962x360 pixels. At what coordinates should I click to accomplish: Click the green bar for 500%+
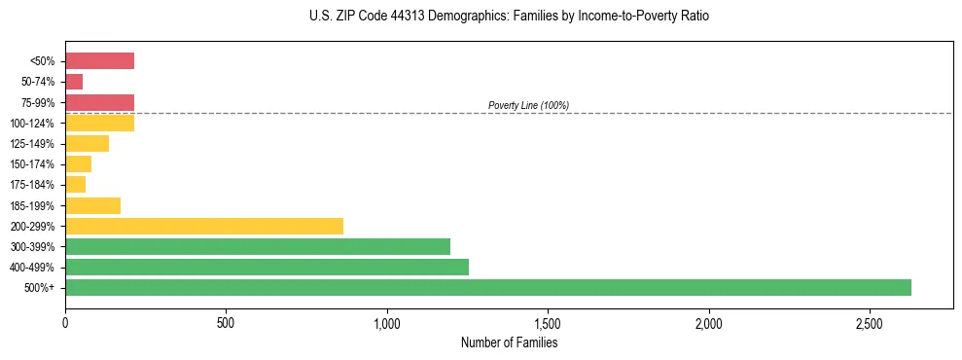[x=487, y=287]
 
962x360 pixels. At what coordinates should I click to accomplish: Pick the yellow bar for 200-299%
[x=204, y=226]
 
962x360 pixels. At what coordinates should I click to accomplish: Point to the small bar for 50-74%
[x=74, y=82]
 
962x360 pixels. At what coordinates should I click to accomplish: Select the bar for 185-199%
[x=92, y=205]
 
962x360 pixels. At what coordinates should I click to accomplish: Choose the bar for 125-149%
[x=87, y=143]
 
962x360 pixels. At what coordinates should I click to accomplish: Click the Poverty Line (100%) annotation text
[x=528, y=105]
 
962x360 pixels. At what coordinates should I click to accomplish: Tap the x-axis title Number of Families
[x=509, y=342]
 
